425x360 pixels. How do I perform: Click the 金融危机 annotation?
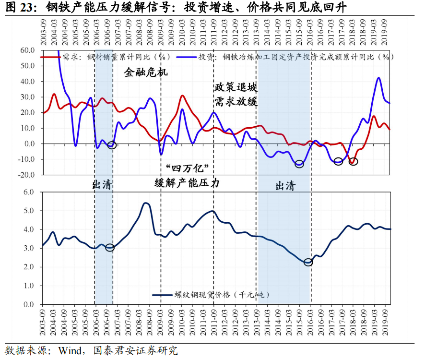click(146, 73)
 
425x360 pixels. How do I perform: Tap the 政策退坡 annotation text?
click(236, 88)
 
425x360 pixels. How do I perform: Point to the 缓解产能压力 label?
click(187, 183)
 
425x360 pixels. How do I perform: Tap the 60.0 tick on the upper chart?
click(27, 50)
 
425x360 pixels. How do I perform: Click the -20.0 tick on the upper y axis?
click(26, 175)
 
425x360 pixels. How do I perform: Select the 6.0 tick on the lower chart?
click(29, 192)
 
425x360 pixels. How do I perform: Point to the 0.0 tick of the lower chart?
click(29, 304)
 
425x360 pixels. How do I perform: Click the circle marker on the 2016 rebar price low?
click(308, 262)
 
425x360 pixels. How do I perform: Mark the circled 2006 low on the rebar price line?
click(110, 248)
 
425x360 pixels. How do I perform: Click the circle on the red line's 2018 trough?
click(354, 162)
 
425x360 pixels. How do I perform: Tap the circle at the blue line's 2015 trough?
click(299, 164)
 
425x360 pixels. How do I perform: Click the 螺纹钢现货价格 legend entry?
click(211, 295)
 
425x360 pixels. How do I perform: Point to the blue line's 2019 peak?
click(379, 78)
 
